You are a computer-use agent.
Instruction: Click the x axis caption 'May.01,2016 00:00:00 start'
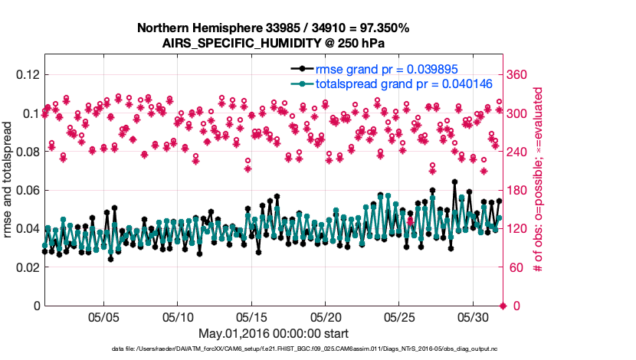(x=274, y=333)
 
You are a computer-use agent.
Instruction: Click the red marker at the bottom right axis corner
(x=503, y=306)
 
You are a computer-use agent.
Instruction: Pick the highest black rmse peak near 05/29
(x=454, y=182)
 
